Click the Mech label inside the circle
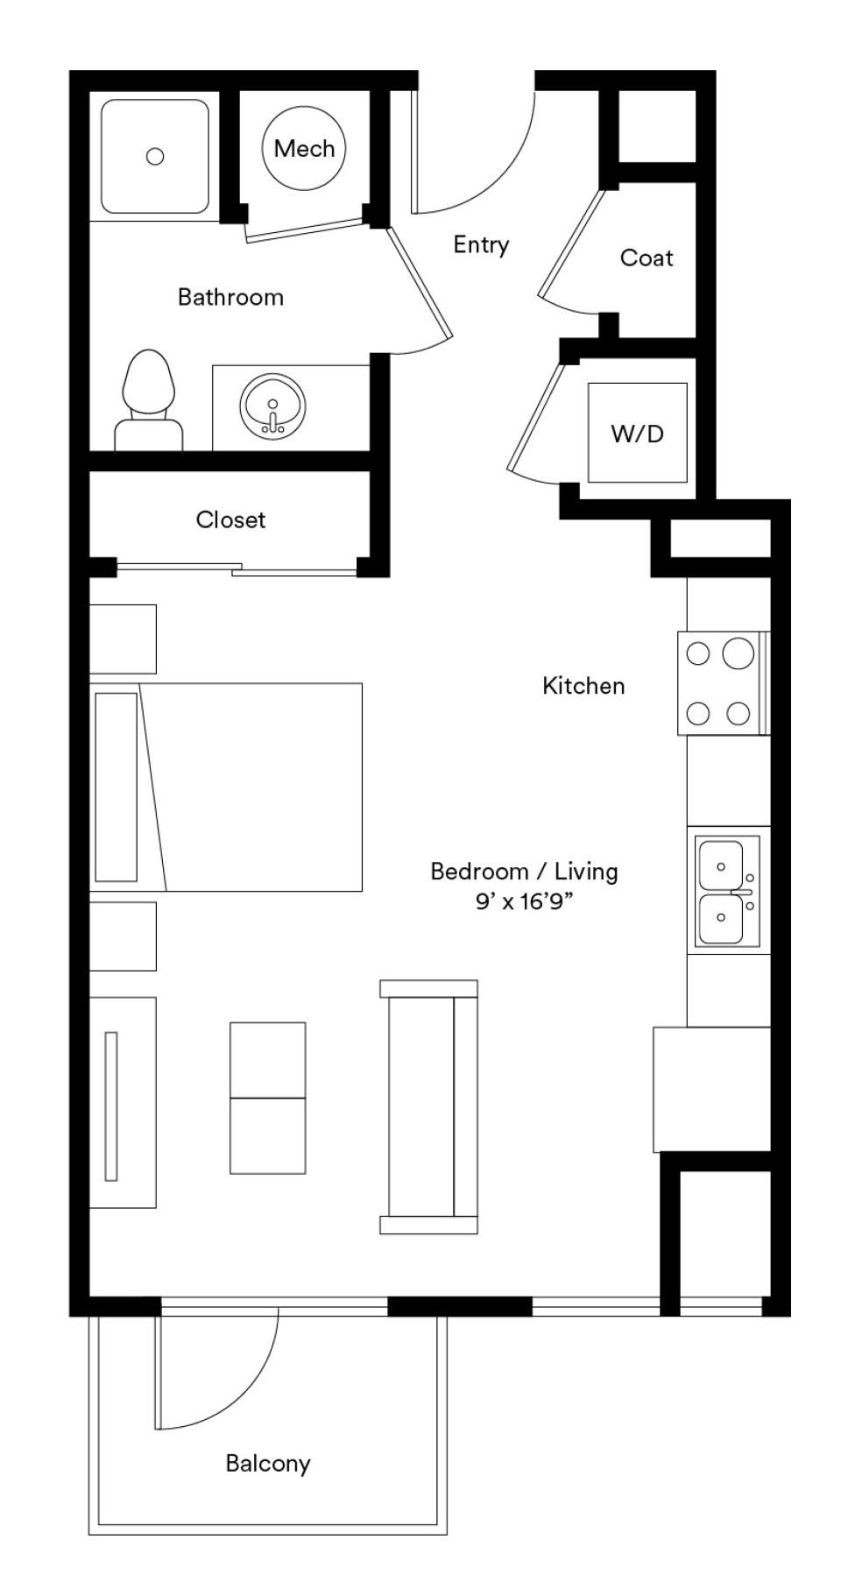tap(304, 149)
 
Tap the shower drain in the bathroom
tap(155, 157)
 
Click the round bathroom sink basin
tap(273, 406)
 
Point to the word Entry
tap(481, 244)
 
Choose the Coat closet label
tap(646, 258)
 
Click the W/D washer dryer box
tap(638, 433)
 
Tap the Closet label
tap(230, 519)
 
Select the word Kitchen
tap(583, 685)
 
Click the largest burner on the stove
tap(738, 653)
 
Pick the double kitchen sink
tap(727, 890)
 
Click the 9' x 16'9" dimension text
tap(524, 901)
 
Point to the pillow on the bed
tap(116, 787)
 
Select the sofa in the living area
tap(429, 1107)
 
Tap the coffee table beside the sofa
tap(268, 1098)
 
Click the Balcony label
tap(268, 1463)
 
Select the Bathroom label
tap(230, 297)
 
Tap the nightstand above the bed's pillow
tap(123, 639)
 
